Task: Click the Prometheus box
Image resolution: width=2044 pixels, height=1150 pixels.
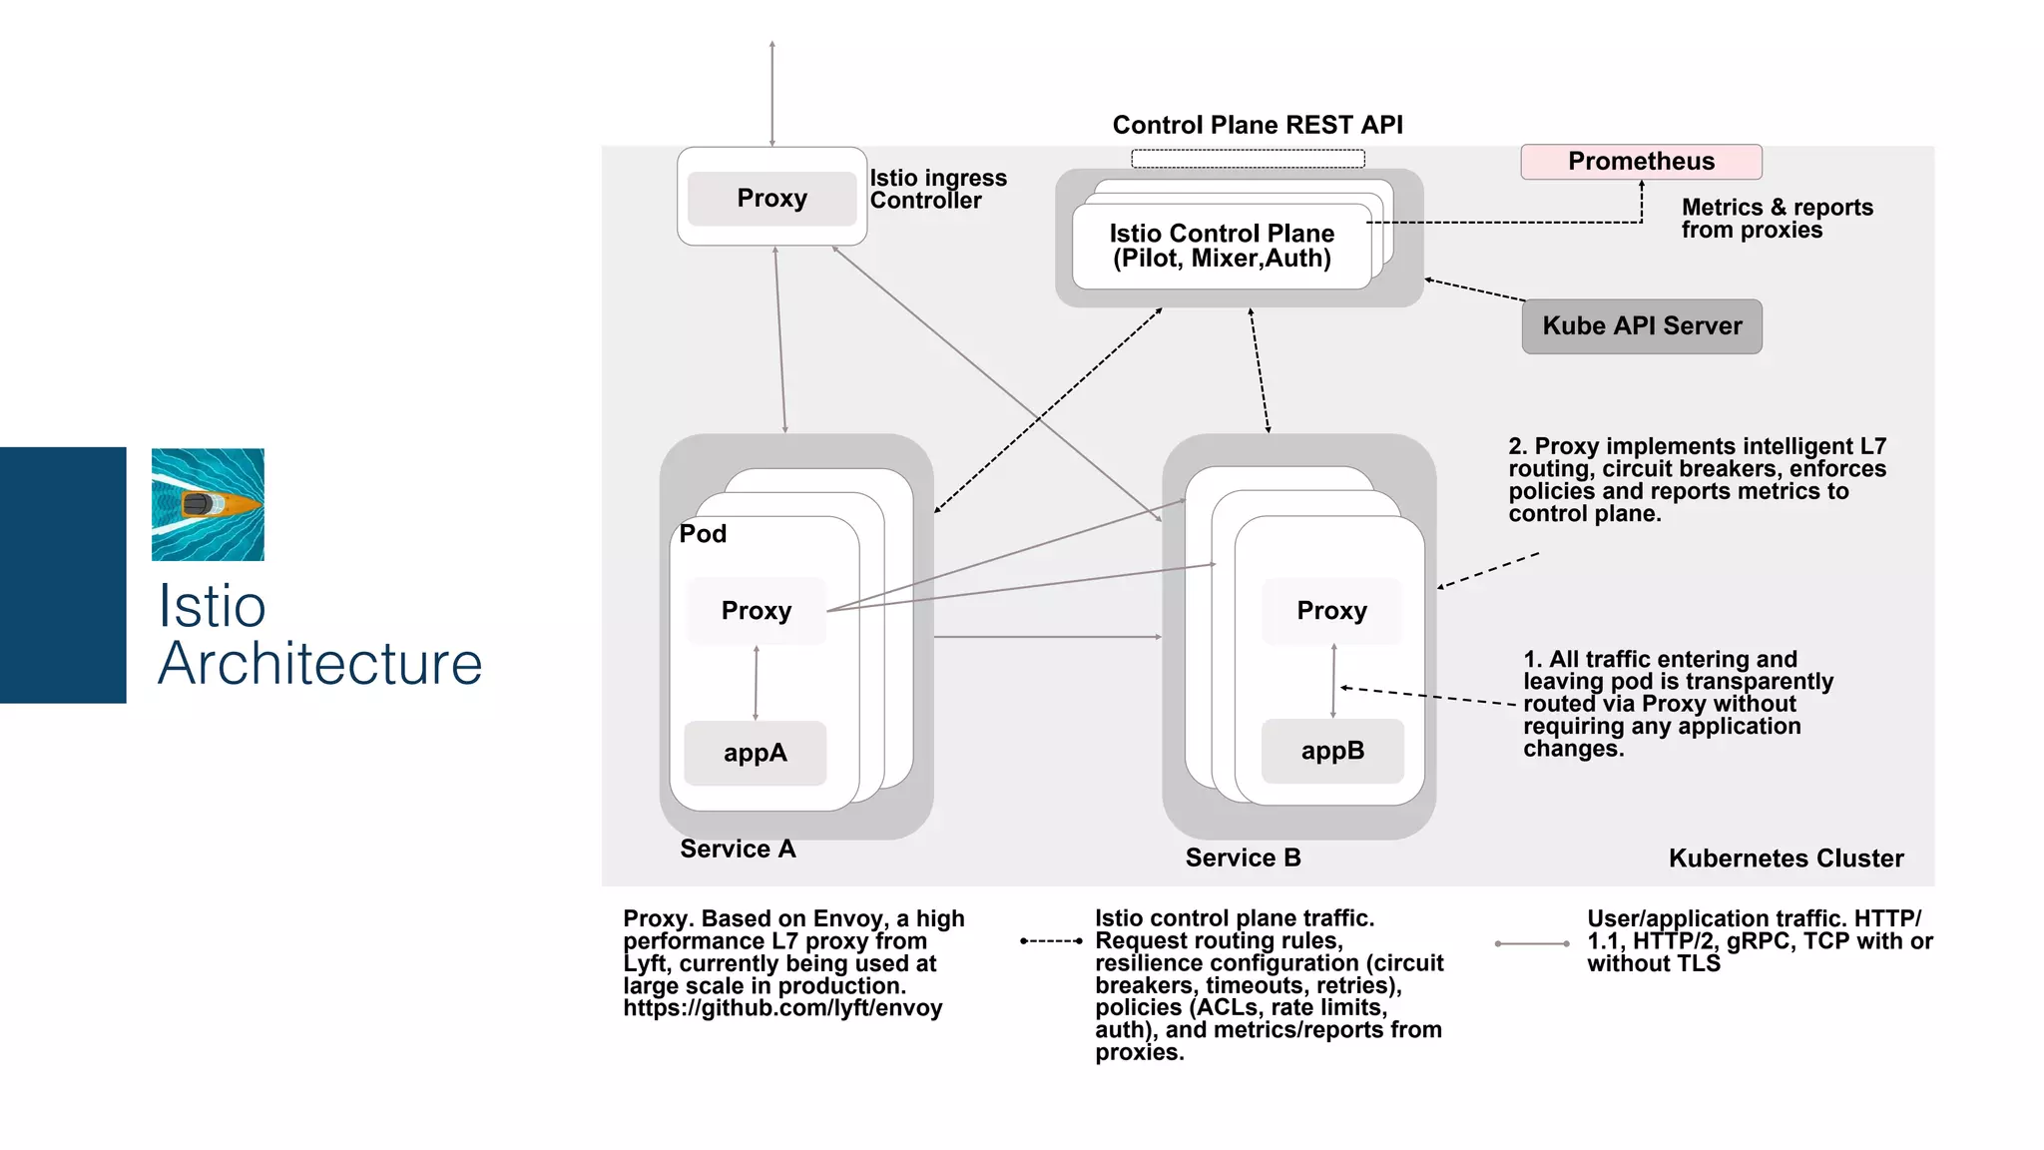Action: [1641, 162]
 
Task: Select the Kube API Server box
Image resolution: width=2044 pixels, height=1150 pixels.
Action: [1642, 326]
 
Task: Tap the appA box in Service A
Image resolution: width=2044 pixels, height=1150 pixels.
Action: [755, 753]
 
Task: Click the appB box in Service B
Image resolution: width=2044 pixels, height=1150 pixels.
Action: [1332, 751]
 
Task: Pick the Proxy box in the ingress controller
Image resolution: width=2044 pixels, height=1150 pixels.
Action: [771, 198]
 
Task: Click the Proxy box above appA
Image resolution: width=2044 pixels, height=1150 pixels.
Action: [756, 610]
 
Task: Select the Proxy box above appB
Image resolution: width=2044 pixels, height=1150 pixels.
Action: [1331, 610]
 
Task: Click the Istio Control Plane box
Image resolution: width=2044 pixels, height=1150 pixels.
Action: [1221, 246]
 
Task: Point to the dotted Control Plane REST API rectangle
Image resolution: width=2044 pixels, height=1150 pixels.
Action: [1248, 158]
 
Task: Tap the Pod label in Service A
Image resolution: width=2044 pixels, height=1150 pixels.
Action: [703, 534]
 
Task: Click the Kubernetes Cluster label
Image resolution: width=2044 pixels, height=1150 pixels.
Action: [1786, 859]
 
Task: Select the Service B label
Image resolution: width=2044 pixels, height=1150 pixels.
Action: [1243, 858]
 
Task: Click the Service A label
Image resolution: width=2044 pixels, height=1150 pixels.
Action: [738, 849]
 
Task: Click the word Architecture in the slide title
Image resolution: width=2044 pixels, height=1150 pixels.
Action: [319, 664]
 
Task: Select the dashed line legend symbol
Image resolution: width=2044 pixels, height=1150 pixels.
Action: [1051, 940]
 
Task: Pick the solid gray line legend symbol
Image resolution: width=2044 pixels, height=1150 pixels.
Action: [1532, 943]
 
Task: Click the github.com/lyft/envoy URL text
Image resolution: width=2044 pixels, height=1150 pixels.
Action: [782, 1008]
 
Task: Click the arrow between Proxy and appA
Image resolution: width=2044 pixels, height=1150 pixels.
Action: [756, 684]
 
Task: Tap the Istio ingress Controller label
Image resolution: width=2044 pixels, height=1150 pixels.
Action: [937, 189]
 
